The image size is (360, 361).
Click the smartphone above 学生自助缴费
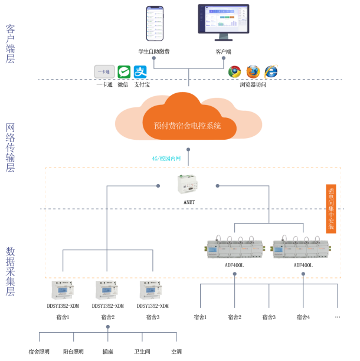[155, 24]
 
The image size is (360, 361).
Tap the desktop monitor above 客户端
[223, 22]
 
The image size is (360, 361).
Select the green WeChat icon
[123, 72]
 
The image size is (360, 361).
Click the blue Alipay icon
[140, 72]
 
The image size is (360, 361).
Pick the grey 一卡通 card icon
[104, 71]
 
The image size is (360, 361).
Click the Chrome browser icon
[235, 71]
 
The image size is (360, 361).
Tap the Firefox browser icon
[253, 71]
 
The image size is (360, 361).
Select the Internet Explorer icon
[271, 71]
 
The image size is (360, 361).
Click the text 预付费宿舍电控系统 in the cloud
[187, 126]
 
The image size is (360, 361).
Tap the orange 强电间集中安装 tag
[331, 208]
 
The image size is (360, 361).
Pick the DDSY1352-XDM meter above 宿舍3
[152, 290]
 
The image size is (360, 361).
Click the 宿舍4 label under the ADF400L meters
[303, 317]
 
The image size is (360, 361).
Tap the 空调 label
[176, 352]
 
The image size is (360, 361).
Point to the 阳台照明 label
[73, 352]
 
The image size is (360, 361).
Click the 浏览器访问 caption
[253, 85]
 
